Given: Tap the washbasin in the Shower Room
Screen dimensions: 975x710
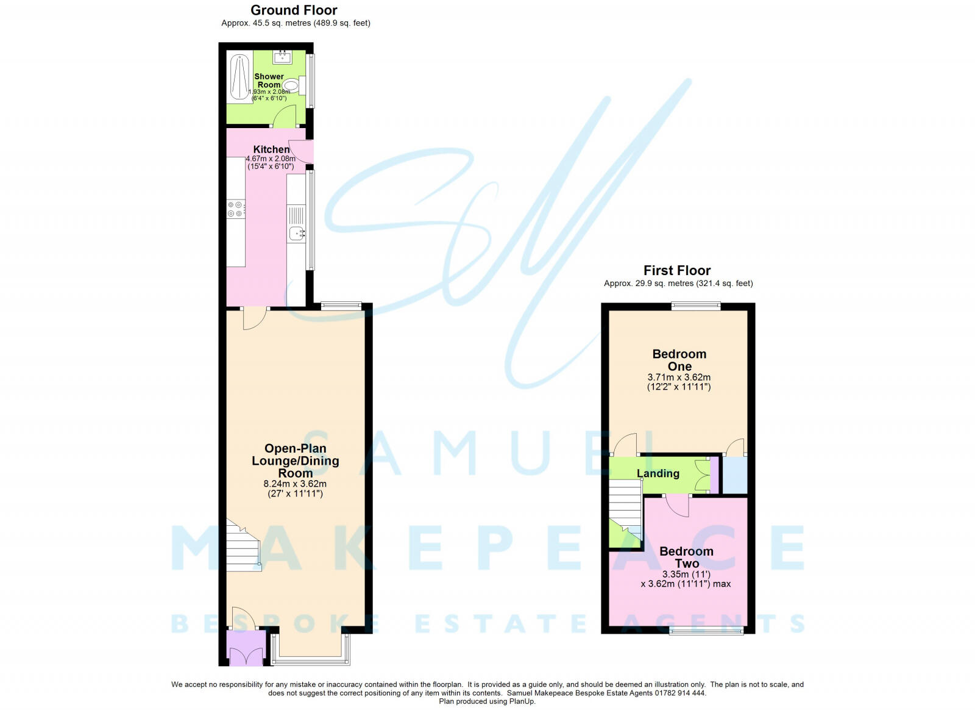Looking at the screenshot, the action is coord(283,57).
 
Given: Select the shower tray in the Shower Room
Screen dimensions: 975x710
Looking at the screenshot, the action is coord(239,79).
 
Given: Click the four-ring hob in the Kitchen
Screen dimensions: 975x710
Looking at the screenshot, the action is coord(235,209).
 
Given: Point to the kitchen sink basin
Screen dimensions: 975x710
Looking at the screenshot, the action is coord(296,234).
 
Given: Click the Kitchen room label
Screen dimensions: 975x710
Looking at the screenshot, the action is coord(272,149).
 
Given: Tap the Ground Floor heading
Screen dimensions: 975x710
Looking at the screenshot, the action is coord(294,10).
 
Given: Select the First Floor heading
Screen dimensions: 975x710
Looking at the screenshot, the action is coord(677,270).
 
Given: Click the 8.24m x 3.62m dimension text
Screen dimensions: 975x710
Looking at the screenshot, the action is coord(295,484).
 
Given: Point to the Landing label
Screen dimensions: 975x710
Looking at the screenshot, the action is coord(658,473).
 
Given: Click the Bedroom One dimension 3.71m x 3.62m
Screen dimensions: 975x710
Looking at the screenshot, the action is coord(679,377).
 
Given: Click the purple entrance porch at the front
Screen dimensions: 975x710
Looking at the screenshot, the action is coord(246,647).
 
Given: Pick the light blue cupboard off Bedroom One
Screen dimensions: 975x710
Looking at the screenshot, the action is coord(735,475).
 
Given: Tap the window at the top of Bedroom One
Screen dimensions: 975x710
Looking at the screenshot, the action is coord(695,306).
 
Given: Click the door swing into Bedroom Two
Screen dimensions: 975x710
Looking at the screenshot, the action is coord(677,505).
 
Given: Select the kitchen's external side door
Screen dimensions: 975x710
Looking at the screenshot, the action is coord(301,152).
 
